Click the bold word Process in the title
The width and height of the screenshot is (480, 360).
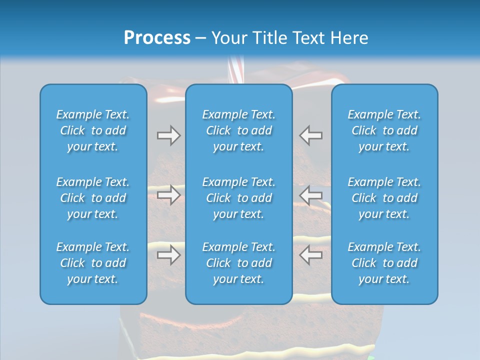coord(157,38)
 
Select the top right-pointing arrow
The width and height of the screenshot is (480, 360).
coord(168,135)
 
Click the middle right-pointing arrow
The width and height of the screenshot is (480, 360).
coord(168,195)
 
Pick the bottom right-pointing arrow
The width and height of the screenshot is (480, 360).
coord(168,255)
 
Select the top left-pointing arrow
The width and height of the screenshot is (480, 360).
coord(311,135)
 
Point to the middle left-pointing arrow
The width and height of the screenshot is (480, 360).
coord(311,195)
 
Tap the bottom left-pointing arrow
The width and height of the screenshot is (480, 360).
coord(311,255)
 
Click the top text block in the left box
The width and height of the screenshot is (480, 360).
coord(93,130)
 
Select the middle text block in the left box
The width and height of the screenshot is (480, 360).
coord(93,198)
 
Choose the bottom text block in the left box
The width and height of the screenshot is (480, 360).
coord(93,263)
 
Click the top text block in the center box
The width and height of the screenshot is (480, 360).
coord(238,130)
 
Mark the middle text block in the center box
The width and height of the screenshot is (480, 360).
coord(238,198)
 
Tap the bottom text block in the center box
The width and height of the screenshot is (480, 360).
coord(238,263)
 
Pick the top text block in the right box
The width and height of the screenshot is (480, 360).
coord(384,130)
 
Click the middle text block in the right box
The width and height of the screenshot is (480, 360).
coord(384,198)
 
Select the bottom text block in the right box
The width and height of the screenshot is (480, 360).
coord(384,263)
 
